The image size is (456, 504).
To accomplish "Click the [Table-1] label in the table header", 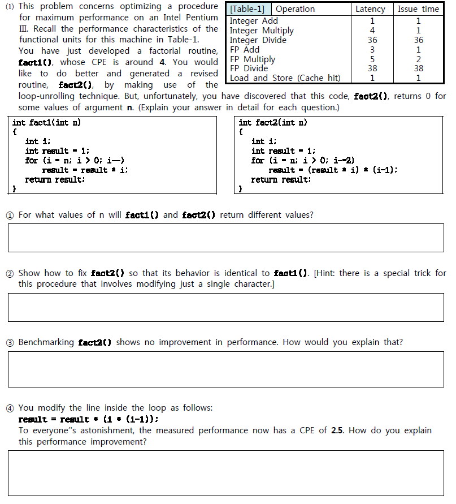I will (x=249, y=9).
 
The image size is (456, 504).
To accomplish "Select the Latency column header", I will (x=370, y=9).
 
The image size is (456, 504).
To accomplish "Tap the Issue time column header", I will (x=418, y=9).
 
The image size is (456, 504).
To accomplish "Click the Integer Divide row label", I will (x=258, y=40).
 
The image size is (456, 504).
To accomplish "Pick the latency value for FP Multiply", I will (x=372, y=59).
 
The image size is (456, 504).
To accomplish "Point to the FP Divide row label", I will (x=249, y=68).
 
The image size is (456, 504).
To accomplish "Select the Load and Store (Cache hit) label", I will (x=285, y=78).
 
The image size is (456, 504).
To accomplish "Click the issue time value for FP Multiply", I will (x=418, y=59).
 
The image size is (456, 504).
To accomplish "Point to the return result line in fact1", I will (x=55, y=180).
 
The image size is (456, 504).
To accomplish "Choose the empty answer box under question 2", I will (x=225, y=307).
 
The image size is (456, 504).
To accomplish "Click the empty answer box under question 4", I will (x=225, y=473).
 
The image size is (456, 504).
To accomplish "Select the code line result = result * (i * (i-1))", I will (x=88, y=419).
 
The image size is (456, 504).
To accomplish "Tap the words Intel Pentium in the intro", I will (x=190, y=18).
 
